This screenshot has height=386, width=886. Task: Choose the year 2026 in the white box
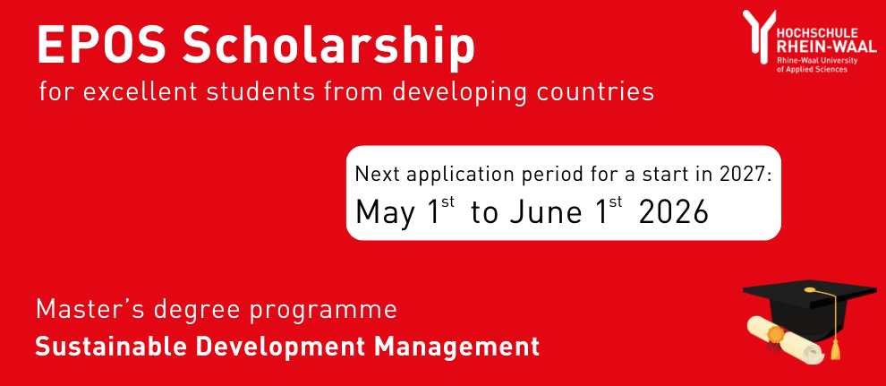pyautogui.click(x=673, y=212)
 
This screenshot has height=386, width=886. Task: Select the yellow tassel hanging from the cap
pyautogui.click(x=836, y=345)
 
